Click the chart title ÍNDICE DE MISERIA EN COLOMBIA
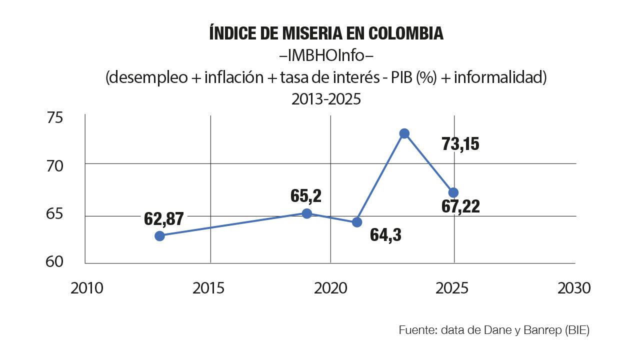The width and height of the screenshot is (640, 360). coord(326,33)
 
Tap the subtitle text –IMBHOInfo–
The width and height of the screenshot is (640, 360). coord(326,55)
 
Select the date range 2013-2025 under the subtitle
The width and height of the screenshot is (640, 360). coord(326,99)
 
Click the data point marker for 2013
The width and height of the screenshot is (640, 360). coord(159,236)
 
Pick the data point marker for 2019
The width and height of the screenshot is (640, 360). coord(307,213)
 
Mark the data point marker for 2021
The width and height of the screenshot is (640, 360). coord(357,222)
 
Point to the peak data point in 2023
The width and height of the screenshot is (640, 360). coord(404,133)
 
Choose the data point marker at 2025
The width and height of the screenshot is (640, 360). coord(453,192)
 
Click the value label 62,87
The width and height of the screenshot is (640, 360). coord(164,219)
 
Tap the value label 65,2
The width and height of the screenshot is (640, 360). coord(306,195)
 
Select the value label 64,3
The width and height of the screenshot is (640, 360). coord(385,235)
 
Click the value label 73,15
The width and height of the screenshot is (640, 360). coord(460,144)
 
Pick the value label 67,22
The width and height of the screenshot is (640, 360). coord(460,206)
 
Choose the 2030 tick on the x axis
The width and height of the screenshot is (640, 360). coord(574,288)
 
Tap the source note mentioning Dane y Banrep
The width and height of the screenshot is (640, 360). coord(494,330)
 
